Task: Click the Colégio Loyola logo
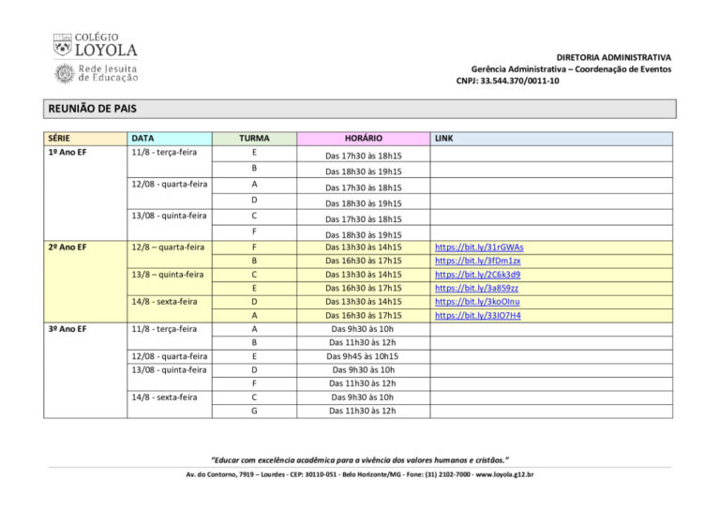click(x=95, y=45)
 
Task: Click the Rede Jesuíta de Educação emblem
click(x=65, y=73)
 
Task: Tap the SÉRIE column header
click(x=59, y=138)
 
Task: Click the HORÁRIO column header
click(x=363, y=138)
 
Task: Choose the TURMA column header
click(x=254, y=138)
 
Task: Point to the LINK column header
click(x=444, y=138)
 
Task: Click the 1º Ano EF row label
click(x=67, y=152)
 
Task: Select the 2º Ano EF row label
click(x=67, y=247)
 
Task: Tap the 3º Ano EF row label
click(x=67, y=329)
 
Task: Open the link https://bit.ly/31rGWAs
click(x=479, y=247)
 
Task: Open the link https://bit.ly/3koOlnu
click(x=477, y=302)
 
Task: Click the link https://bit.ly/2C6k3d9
click(x=478, y=275)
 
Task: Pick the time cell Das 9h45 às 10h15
click(x=362, y=356)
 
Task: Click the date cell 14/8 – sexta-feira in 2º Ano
click(x=164, y=302)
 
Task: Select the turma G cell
click(x=254, y=411)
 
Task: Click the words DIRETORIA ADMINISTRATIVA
click(x=613, y=57)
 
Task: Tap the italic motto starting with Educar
click(x=360, y=460)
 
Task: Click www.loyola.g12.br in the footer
click(x=504, y=475)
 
